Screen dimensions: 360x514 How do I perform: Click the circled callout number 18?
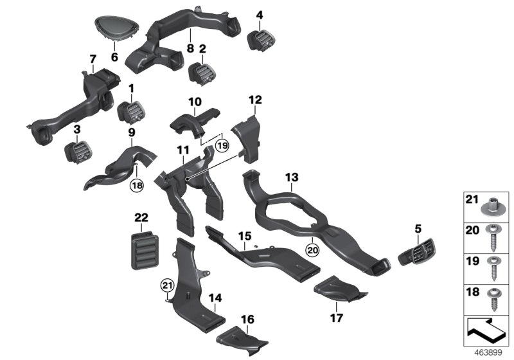(x=136, y=185)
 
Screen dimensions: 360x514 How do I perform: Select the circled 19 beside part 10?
(x=221, y=145)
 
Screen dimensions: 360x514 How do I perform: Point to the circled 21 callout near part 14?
(x=168, y=285)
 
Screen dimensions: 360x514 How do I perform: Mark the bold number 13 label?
(x=292, y=176)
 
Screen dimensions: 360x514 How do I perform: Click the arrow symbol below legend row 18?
(x=487, y=332)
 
